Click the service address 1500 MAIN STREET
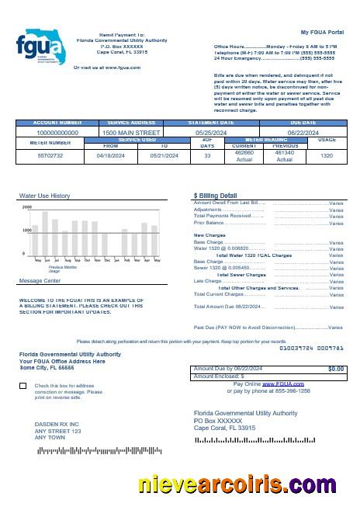coord(130,133)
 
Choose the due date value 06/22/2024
coord(303,133)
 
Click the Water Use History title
coord(44,196)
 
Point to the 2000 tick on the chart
coord(27,207)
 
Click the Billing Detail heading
coord(215,196)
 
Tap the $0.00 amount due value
coord(336,368)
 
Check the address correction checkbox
coord(22,386)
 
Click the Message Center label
coord(40,280)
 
